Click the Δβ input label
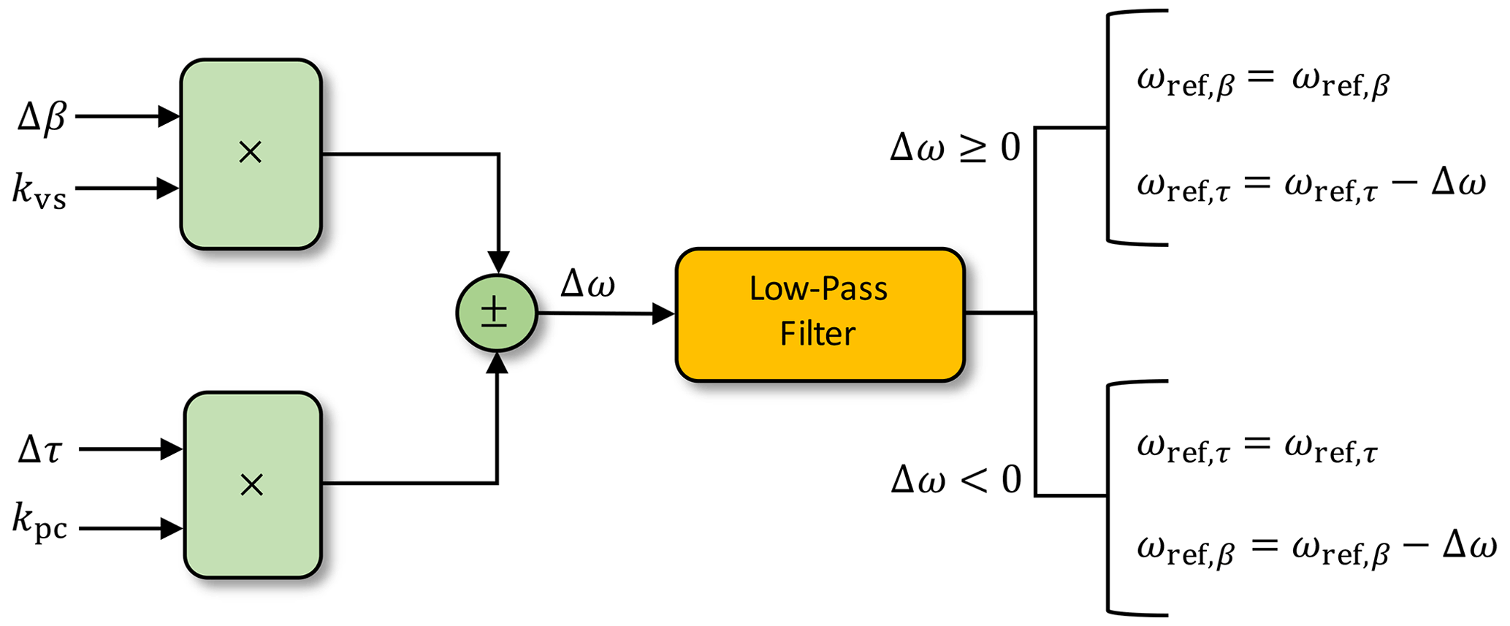(42, 117)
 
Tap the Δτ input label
(40, 450)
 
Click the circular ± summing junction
(497, 313)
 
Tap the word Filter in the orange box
(817, 334)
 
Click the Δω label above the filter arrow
(588, 283)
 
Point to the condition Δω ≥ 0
(955, 148)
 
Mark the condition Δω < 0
(956, 480)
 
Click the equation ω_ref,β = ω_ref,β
(1262, 83)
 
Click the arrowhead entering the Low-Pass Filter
(663, 314)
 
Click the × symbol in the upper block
(251, 153)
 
